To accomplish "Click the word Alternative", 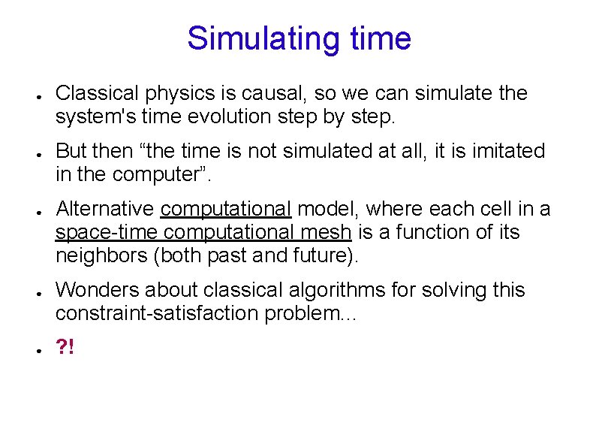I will pos(104,209).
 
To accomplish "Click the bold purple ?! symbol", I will pos(65,346).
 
